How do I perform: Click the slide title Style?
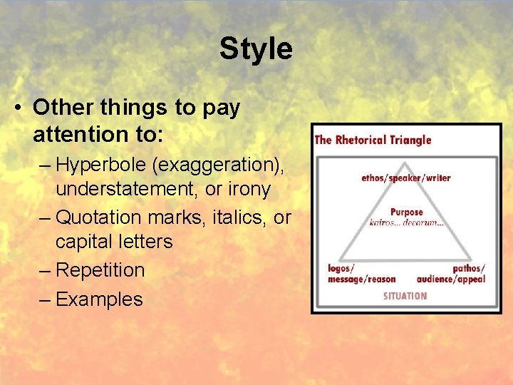pyautogui.click(x=256, y=48)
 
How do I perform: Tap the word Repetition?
pyautogui.click(x=100, y=270)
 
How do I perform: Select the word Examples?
pyautogui.click(x=99, y=299)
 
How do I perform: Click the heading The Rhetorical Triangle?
pyautogui.click(x=373, y=139)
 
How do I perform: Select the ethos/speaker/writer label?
pyautogui.click(x=406, y=178)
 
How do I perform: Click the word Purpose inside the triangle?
pyautogui.click(x=406, y=212)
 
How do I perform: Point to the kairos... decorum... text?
pyautogui.click(x=406, y=222)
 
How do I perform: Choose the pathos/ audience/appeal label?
pyautogui.click(x=451, y=274)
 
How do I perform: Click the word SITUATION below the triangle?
pyautogui.click(x=405, y=295)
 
